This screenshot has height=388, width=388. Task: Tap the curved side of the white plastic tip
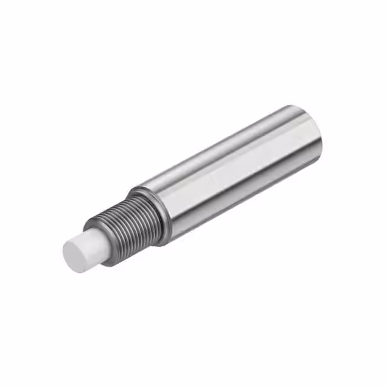click(91, 242)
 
